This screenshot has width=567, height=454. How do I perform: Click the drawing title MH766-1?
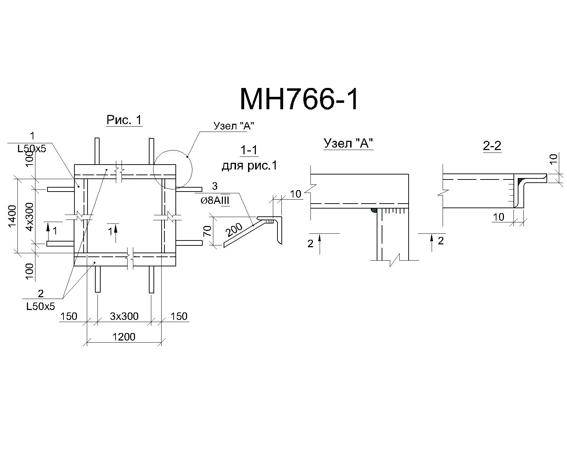[299, 99]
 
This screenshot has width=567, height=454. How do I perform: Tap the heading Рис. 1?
[124, 120]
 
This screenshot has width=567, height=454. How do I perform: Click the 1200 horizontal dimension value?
[124, 337]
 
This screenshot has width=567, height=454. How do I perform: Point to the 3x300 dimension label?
[124, 316]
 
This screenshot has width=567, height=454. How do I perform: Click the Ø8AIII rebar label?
[215, 201]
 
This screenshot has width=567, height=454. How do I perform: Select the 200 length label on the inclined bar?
[234, 230]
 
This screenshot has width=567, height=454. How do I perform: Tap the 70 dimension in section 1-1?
[208, 231]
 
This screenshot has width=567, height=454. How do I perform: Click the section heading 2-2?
[492, 146]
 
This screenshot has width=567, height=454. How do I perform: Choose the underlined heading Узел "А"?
[348, 143]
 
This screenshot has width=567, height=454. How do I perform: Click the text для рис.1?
[249, 166]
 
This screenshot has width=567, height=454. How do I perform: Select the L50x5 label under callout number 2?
[40, 306]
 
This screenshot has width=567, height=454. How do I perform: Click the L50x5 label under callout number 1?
[32, 149]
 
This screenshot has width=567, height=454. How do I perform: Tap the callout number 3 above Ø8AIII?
[215, 186]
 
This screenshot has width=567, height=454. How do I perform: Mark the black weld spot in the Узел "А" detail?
[374, 210]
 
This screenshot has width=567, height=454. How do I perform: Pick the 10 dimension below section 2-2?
[498, 217]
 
